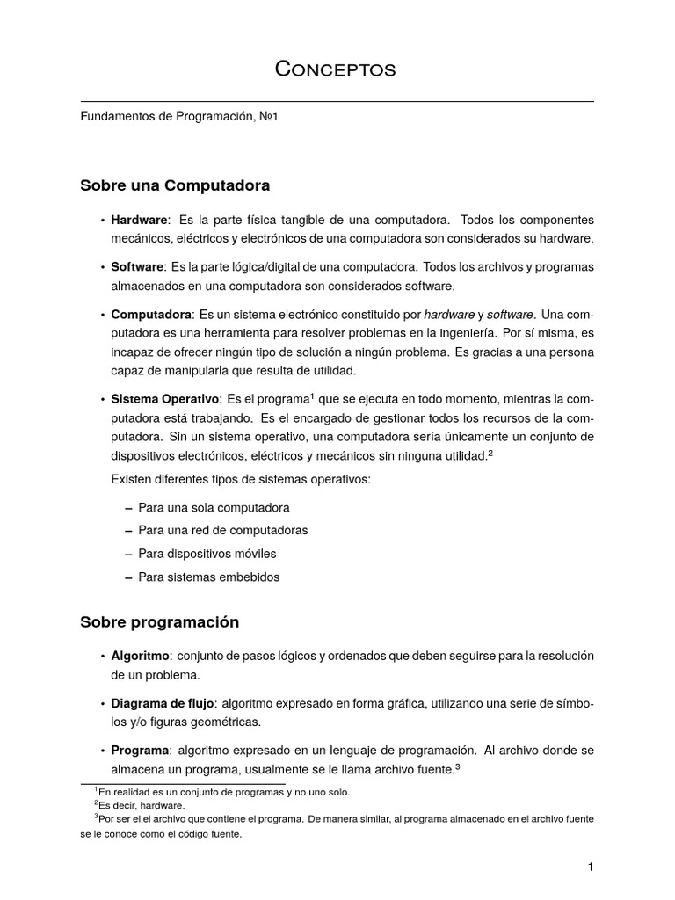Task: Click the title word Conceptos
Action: [x=336, y=69]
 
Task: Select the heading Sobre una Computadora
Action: [x=175, y=186]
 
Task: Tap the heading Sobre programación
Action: [x=159, y=621]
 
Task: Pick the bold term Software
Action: [x=137, y=266]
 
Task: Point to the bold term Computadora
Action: [x=151, y=314]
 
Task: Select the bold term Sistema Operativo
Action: [x=163, y=399]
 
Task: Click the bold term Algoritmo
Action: [x=140, y=656]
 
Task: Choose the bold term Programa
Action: [x=140, y=751]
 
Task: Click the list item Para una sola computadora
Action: [x=214, y=508]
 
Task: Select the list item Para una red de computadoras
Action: [x=223, y=531]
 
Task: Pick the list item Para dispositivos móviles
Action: [x=207, y=554]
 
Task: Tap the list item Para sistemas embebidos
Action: [x=209, y=577]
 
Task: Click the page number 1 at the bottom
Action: [x=592, y=867]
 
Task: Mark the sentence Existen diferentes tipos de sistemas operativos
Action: [x=241, y=479]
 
